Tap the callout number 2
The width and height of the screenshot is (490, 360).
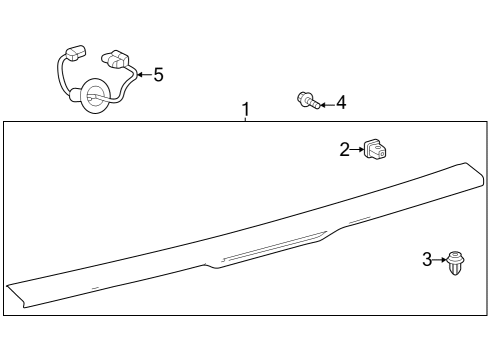click(345, 150)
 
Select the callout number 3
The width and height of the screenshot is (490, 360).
click(427, 260)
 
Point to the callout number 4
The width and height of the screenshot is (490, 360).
click(341, 102)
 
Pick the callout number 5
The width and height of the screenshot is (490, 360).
click(158, 74)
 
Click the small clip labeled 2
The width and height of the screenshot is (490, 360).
click(377, 150)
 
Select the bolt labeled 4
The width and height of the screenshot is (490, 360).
click(308, 100)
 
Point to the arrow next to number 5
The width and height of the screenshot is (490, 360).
click(142, 74)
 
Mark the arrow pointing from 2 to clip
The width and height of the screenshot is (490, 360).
click(358, 150)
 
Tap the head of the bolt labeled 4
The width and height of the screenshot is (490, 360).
click(303, 98)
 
